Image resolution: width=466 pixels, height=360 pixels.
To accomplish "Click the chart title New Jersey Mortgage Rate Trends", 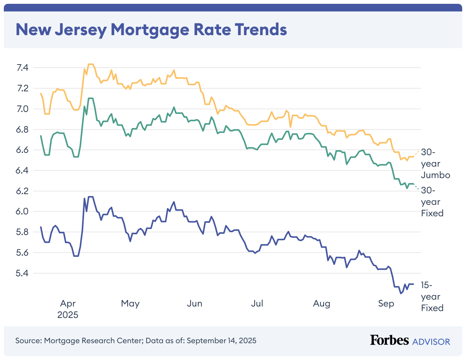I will point(151,29).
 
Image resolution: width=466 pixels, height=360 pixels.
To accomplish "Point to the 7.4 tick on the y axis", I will point(23,68).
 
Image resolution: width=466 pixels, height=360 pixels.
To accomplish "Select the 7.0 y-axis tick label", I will point(23,109).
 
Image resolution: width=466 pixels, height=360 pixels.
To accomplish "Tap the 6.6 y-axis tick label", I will point(23,150).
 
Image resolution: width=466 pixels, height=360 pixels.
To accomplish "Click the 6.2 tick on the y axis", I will point(23,191).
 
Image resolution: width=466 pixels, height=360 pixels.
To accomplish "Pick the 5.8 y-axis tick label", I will point(23,232).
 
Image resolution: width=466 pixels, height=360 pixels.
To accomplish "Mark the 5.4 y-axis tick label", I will point(23,273).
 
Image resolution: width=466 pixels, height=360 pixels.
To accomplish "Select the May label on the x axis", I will point(130,304).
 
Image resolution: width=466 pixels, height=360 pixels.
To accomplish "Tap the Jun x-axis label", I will point(195,304).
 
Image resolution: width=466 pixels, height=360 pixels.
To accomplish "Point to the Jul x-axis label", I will point(257,304).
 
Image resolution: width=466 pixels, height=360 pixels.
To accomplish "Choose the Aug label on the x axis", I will point(322,304).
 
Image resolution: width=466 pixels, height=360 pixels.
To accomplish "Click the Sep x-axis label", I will point(386,304).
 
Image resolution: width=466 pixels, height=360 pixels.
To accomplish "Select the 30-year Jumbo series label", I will point(435,164).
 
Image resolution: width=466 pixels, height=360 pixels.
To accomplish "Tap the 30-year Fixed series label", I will point(432,202).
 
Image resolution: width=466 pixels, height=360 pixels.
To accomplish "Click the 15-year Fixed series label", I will point(432,296).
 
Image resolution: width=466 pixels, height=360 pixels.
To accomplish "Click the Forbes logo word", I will point(389,341).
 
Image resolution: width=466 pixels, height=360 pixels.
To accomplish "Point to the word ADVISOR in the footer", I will point(431,341).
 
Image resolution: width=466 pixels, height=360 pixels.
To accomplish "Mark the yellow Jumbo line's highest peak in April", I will point(91,64).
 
